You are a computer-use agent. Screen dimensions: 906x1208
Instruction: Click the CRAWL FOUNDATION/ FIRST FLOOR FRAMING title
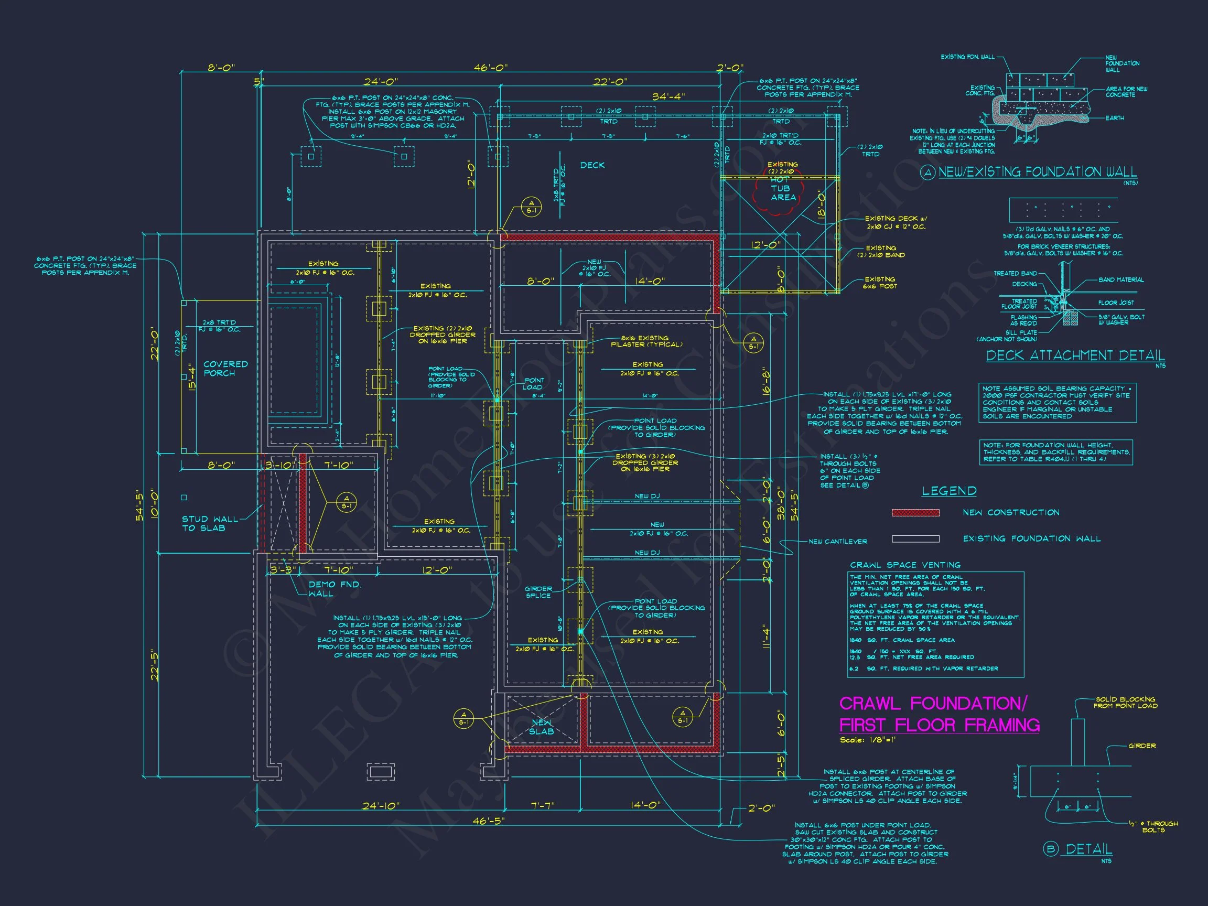click(939, 714)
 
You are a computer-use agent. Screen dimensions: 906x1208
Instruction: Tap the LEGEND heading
click(949, 491)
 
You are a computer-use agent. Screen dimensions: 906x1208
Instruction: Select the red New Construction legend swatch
click(915, 513)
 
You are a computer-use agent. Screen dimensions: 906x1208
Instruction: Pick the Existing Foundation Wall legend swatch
click(915, 539)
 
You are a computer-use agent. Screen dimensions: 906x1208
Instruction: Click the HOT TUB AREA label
click(783, 188)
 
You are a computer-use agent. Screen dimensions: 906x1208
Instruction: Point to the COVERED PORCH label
click(225, 369)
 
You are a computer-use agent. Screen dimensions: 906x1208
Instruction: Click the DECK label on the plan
click(592, 165)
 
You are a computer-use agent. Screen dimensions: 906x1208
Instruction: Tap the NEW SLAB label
click(541, 727)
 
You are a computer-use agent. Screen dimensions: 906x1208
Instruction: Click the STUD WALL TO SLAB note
click(210, 523)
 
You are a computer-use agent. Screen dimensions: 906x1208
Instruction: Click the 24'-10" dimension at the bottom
click(381, 806)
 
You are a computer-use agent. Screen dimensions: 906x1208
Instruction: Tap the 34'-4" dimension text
click(668, 97)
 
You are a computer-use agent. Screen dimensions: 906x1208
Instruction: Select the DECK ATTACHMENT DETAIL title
click(1075, 355)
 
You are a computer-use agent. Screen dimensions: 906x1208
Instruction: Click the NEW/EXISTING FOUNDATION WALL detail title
click(1037, 172)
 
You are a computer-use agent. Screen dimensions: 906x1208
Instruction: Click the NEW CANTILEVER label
click(838, 542)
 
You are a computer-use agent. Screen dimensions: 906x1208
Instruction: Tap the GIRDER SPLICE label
click(538, 592)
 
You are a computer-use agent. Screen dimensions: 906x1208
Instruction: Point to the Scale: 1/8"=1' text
click(868, 740)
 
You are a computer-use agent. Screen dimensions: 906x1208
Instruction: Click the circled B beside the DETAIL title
click(1050, 850)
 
